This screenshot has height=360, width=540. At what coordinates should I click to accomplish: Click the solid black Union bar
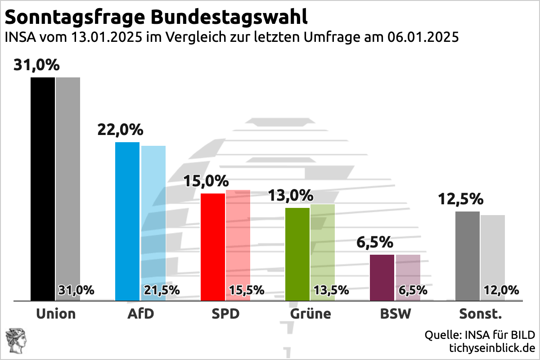pyautogui.click(x=43, y=189)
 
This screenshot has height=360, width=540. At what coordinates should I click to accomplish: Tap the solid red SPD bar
pyautogui.click(x=212, y=247)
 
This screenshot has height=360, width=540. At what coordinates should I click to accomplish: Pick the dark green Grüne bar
pyautogui.click(x=297, y=254)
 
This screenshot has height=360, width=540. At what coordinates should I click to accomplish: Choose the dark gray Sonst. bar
pyautogui.click(x=468, y=256)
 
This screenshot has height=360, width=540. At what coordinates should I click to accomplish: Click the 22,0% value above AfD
pyautogui.click(x=120, y=130)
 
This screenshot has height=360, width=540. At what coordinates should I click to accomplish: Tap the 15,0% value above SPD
pyautogui.click(x=206, y=181)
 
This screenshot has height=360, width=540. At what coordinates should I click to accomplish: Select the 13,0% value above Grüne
pyautogui.click(x=291, y=196)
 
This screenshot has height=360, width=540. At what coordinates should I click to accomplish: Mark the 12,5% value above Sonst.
pyautogui.click(x=461, y=199)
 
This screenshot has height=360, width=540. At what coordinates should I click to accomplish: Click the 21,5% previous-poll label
pyautogui.click(x=162, y=290)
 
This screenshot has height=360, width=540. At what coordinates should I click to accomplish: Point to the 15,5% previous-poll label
pyautogui.click(x=246, y=290)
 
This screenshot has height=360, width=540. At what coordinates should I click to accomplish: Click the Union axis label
pyautogui.click(x=56, y=314)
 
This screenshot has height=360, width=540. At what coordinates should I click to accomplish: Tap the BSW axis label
pyautogui.click(x=395, y=314)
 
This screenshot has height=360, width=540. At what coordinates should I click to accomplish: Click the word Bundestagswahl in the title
pyautogui.click(x=229, y=17)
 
